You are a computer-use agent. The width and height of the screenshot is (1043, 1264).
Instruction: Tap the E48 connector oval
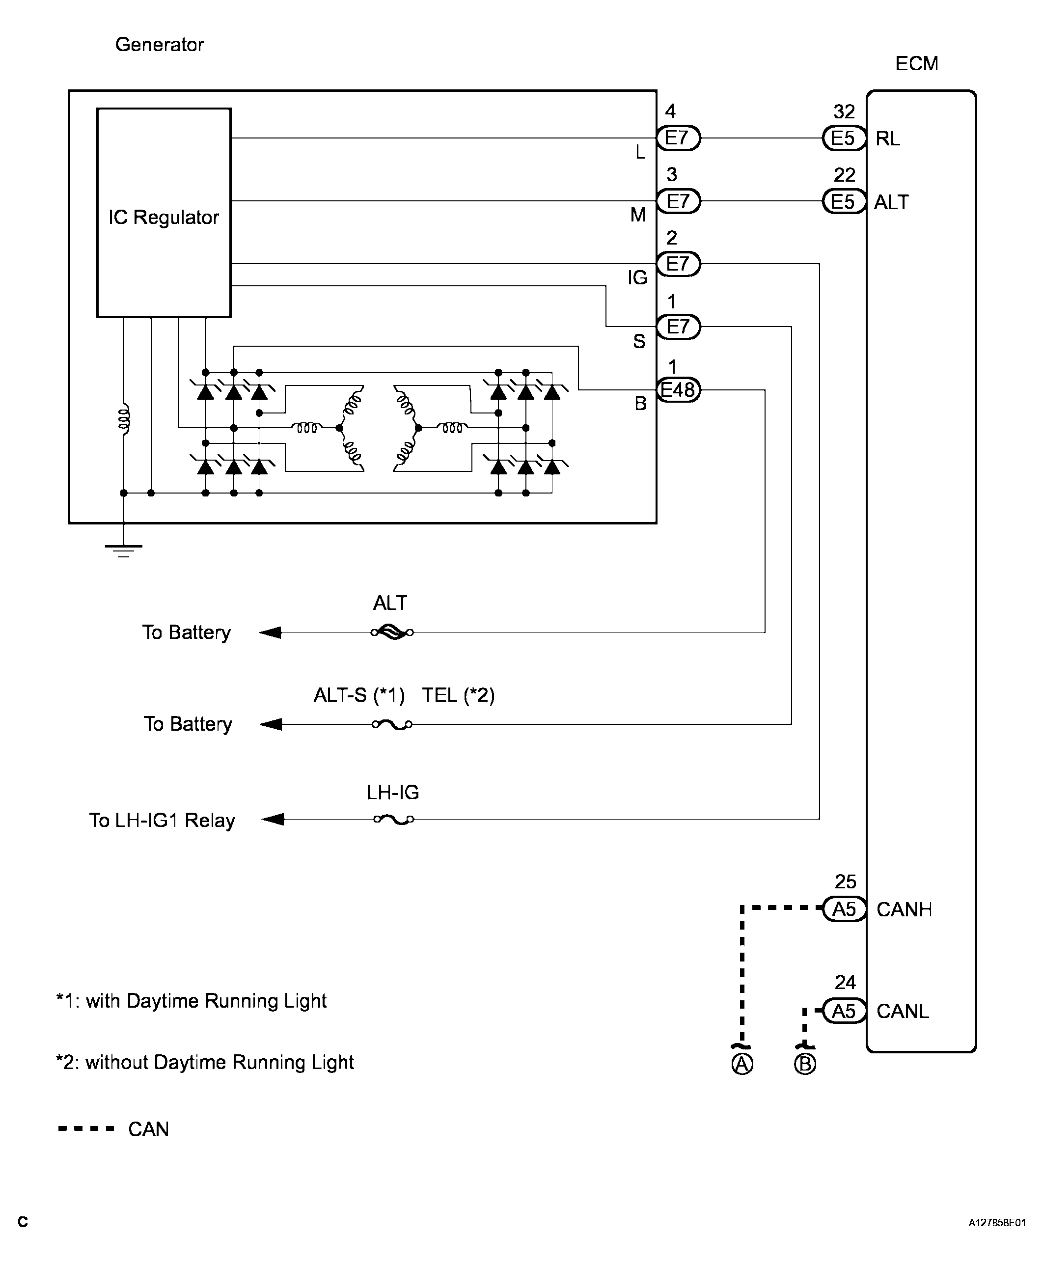678,390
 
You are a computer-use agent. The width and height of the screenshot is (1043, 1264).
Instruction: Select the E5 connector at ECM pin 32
844,138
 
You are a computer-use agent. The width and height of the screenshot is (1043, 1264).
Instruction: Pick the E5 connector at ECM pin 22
844,201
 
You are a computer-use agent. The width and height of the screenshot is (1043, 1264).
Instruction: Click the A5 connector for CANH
844,909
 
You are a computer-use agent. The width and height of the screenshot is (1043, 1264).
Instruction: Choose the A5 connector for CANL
844,1011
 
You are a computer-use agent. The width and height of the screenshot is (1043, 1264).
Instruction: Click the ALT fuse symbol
392,632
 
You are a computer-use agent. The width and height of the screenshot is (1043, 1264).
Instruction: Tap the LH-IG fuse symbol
393,819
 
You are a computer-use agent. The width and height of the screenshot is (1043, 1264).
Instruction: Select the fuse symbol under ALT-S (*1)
392,724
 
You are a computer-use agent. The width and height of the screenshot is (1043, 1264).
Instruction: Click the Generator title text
160,45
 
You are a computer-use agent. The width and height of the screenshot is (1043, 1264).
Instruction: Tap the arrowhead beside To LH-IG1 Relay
274,819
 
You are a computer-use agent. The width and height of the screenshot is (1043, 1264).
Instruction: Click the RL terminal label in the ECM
888,139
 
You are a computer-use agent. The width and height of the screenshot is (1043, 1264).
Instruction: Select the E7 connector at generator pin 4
678,138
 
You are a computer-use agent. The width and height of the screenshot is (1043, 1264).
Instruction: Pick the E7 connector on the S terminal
678,327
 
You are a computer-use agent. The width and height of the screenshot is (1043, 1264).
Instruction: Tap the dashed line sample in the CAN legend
86,1129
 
